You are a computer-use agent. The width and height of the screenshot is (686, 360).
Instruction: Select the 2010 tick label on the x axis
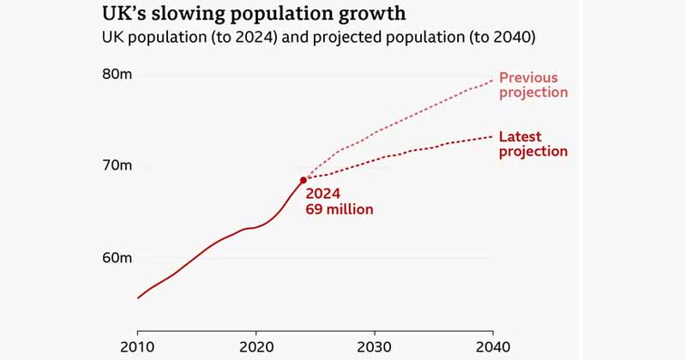point(137,346)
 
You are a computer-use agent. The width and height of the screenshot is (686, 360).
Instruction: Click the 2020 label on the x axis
point(256,346)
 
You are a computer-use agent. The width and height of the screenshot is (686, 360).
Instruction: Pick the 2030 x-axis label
point(375,346)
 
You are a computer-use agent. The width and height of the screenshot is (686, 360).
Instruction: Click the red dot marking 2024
point(304,180)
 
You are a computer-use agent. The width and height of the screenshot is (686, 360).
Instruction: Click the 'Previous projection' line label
point(533,83)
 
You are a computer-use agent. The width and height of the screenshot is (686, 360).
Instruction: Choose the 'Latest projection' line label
point(533,144)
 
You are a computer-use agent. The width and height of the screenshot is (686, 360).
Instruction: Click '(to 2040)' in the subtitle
point(503,39)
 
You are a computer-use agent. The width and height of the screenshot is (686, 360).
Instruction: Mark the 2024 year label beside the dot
point(323,192)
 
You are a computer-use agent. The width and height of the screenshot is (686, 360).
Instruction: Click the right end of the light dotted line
point(493,80)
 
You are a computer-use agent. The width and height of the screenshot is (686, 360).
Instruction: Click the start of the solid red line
point(137,298)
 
